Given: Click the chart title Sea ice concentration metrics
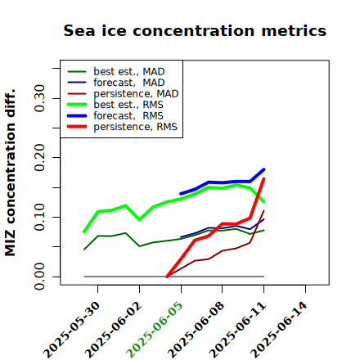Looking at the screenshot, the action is click(x=195, y=30).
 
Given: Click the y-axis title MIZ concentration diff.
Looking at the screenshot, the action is click(x=10, y=173).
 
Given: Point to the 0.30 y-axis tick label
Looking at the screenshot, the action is click(x=40, y=98).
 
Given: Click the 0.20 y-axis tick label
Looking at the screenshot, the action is click(x=40, y=157).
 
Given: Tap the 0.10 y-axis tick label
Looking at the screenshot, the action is click(x=40, y=217).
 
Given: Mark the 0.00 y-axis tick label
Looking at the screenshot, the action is click(x=40, y=277).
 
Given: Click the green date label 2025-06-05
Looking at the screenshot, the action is click(x=154, y=330).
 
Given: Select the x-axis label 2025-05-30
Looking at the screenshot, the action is click(x=71, y=330).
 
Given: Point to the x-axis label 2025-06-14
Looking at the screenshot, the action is click(x=279, y=330).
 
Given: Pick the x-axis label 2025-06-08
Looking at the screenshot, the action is click(x=196, y=330).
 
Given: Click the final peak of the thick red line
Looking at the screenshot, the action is click(x=263, y=178).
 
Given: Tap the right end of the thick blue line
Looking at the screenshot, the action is click(x=263, y=169).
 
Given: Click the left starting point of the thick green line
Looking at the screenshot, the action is click(x=84, y=232).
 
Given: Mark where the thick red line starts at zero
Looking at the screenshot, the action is click(x=167, y=277).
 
